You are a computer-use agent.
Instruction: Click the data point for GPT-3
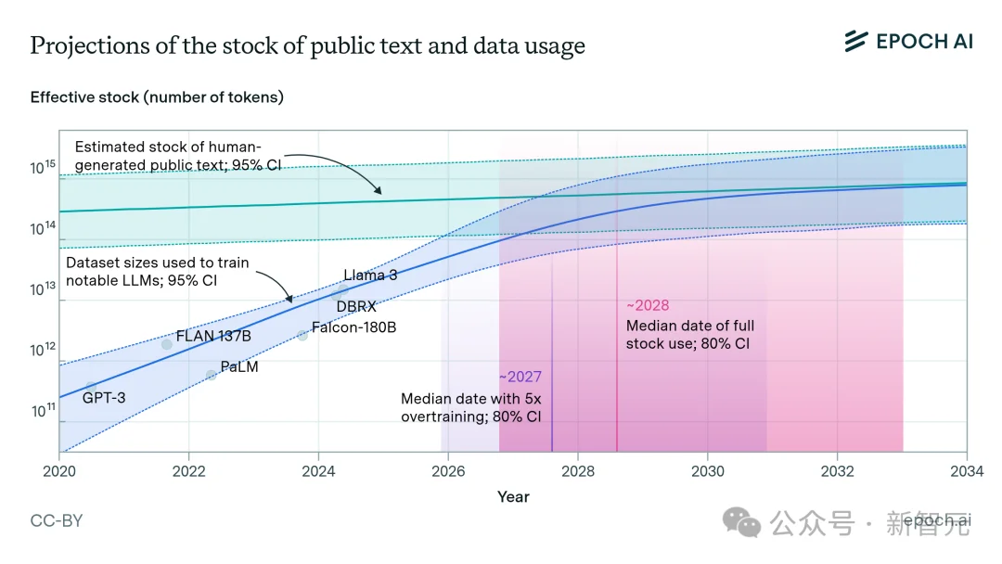point(91,386)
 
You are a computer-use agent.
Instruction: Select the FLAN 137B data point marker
point(167,344)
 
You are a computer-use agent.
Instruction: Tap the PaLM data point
point(211,375)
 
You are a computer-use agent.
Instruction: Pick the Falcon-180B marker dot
point(302,335)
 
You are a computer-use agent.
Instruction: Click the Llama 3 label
point(370,275)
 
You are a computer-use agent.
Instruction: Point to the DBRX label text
point(356,306)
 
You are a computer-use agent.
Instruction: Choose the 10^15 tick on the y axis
point(43,168)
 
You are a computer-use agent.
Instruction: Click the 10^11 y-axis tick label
point(43,411)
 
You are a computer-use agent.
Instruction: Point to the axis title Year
point(513,497)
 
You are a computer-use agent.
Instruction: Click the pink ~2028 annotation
point(648,305)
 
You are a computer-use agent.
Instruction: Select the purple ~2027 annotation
point(520,378)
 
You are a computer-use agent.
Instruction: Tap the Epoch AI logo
point(908,41)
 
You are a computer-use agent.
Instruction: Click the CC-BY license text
point(57,521)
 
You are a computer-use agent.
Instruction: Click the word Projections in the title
point(84,46)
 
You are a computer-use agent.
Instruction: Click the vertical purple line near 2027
point(552,408)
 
